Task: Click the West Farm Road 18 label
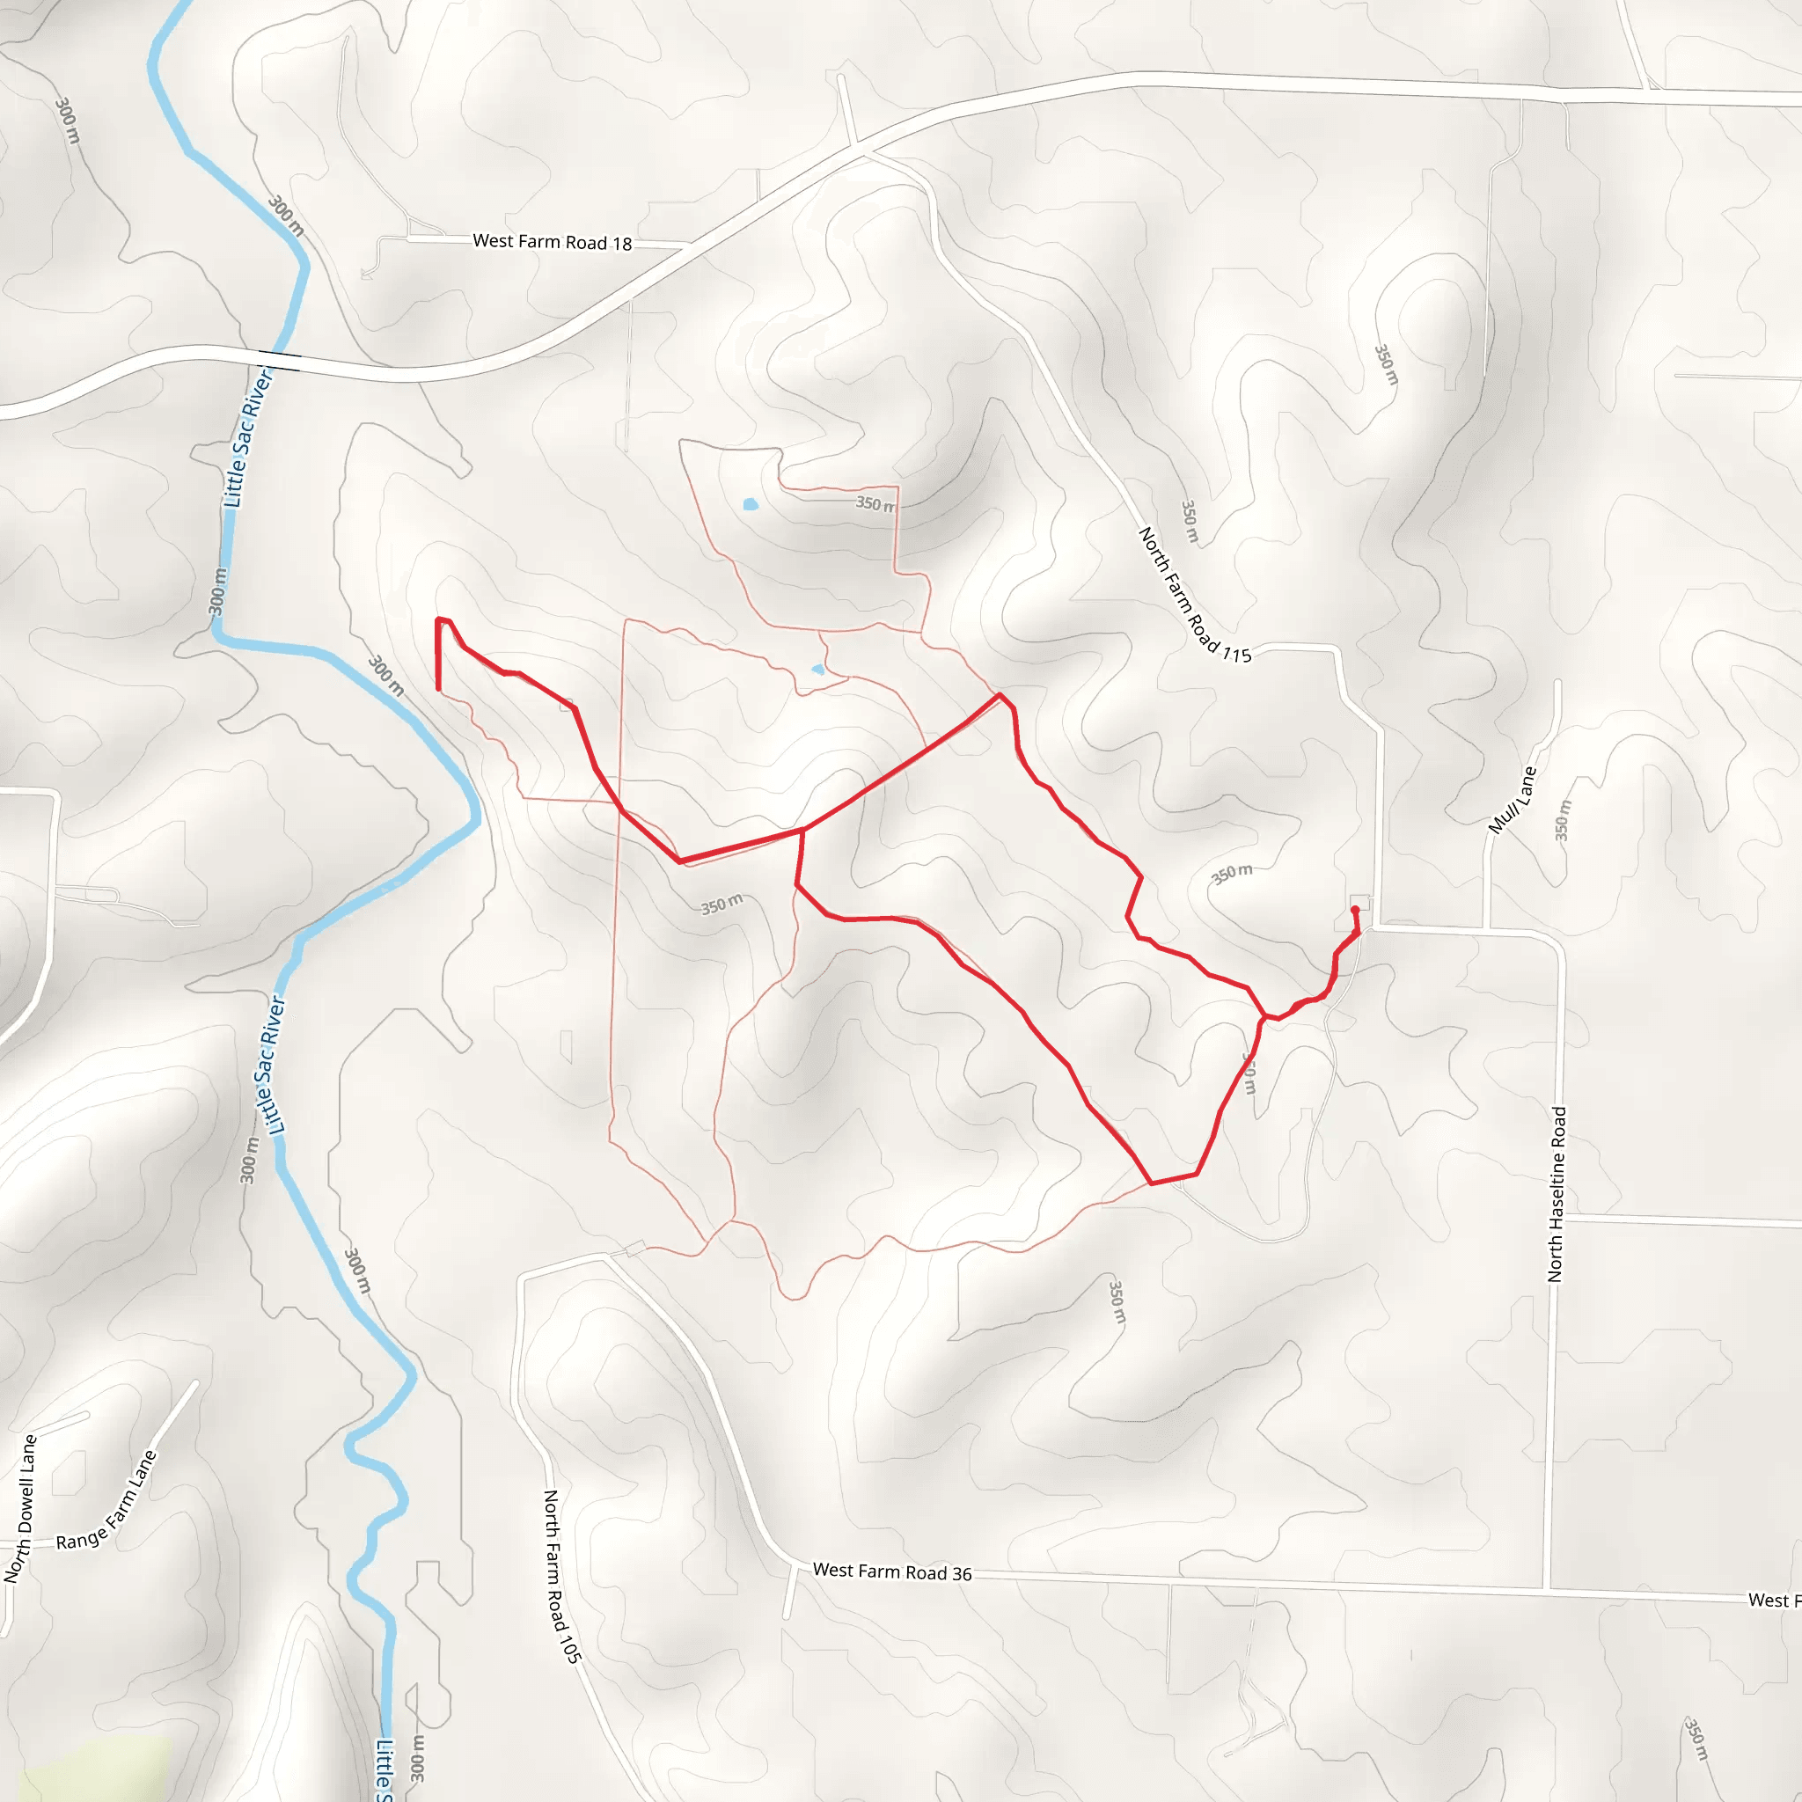tap(553, 242)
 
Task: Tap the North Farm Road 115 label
tap(1194, 595)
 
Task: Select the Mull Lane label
tap(1511, 801)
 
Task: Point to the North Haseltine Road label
tap(1557, 1194)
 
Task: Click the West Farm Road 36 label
tap(891, 1571)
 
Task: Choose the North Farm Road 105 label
tap(562, 1576)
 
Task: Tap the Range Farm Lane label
tap(106, 1501)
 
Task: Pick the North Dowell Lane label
tap(20, 1509)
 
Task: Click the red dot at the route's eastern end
tap(1354, 911)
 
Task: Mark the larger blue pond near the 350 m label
tap(750, 504)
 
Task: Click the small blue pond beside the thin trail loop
tap(818, 669)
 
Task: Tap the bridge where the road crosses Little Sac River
tap(279, 360)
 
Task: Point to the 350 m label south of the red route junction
tap(722, 904)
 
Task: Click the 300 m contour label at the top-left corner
tap(67, 121)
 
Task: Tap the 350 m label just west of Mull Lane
tap(1563, 821)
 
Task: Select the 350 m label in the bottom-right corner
tap(1696, 1739)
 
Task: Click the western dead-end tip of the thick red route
tap(438, 688)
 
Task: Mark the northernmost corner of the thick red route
tap(1000, 695)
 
